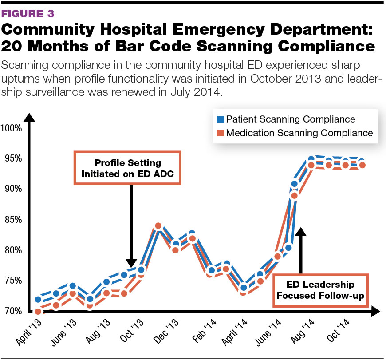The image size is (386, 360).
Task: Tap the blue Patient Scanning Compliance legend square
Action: pyautogui.click(x=219, y=119)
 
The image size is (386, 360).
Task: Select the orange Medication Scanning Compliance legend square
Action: pyautogui.click(x=219, y=133)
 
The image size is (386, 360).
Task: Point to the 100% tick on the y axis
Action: pyautogui.click(x=11, y=129)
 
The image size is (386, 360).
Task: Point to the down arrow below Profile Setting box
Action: pyautogui.click(x=130, y=222)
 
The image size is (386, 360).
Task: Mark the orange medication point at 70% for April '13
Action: pyautogui.click(x=38, y=312)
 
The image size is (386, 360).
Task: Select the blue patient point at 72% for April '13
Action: pyautogui.click(x=38, y=299)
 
